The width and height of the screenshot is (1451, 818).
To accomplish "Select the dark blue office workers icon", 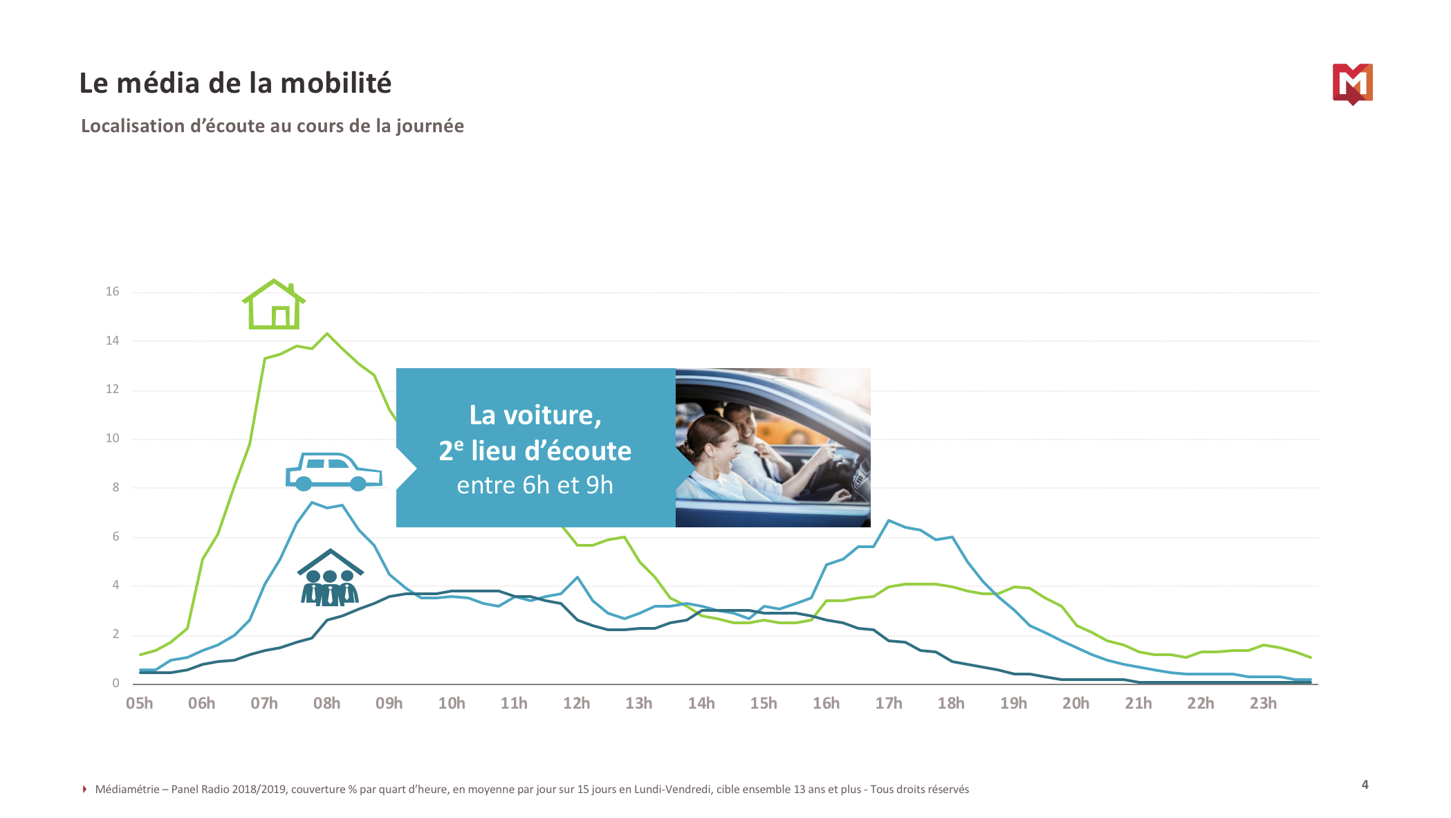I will click(330, 579).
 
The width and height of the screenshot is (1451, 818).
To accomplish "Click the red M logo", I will click(1352, 84).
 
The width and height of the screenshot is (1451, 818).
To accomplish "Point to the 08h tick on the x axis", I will click(326, 703).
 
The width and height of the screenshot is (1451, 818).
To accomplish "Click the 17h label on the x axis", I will click(889, 703).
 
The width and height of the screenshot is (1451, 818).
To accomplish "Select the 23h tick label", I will click(1263, 703).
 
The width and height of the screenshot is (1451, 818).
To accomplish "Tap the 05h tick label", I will click(140, 703).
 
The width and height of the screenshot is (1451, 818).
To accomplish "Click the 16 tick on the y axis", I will click(112, 291).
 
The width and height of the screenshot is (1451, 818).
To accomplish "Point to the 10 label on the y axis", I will click(112, 438).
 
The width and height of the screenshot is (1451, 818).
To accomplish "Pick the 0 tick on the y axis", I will click(115, 683).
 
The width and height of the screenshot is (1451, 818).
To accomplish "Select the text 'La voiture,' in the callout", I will click(535, 415).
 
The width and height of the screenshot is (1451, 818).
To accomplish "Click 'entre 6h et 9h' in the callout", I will click(535, 485).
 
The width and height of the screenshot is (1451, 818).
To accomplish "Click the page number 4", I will click(1365, 785).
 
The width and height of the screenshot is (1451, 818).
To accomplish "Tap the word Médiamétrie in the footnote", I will click(127, 790).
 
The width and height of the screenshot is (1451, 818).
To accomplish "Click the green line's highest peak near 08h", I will click(327, 334).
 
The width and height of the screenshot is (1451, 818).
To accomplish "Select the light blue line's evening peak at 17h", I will click(889, 520).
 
